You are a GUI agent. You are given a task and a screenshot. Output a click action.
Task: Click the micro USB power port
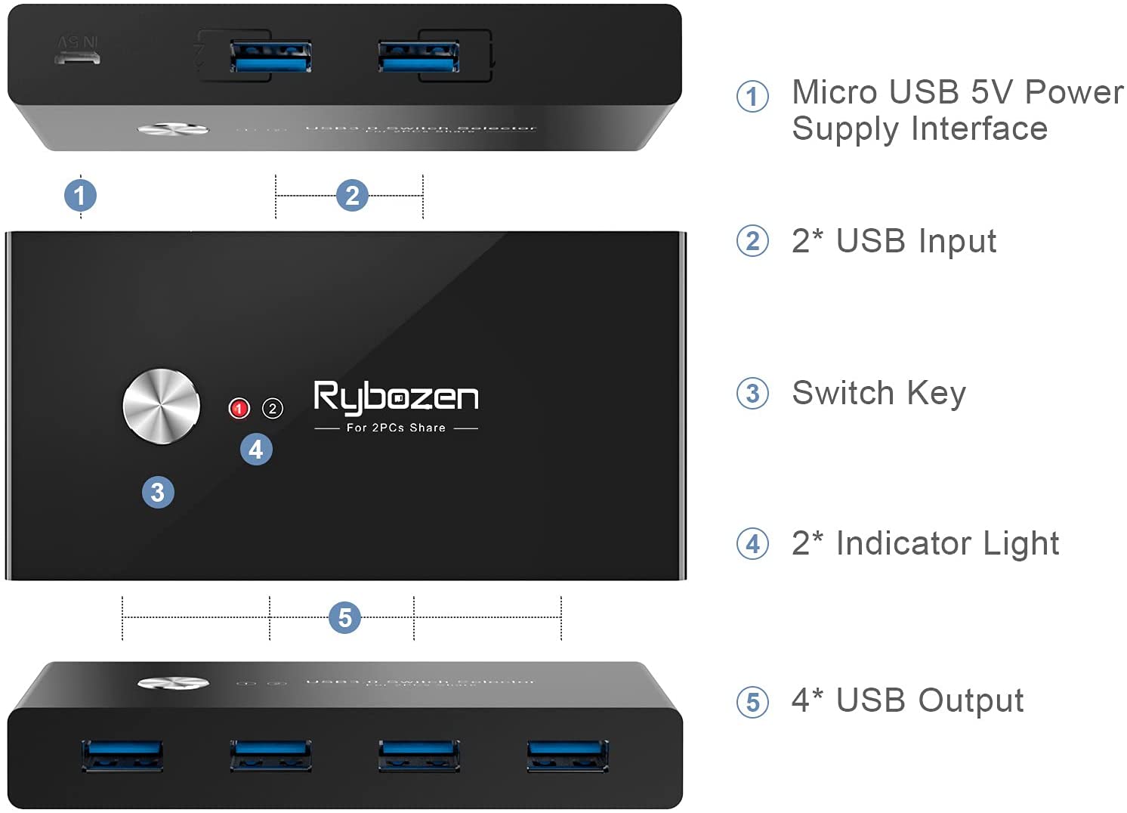tap(77, 57)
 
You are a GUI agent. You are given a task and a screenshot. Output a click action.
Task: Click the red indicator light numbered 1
tap(239, 409)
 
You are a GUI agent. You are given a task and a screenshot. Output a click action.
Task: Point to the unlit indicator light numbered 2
tap(272, 409)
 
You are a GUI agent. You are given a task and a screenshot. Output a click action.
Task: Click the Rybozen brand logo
tap(396, 397)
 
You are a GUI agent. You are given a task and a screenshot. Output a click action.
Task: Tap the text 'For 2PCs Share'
tap(396, 428)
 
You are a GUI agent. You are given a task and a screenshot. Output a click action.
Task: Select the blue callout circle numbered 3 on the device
tap(158, 493)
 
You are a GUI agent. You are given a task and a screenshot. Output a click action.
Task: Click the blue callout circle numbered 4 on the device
tap(256, 450)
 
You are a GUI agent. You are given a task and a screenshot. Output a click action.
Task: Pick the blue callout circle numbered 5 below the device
tap(344, 618)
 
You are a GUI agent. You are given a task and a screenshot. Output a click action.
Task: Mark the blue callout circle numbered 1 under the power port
tap(80, 196)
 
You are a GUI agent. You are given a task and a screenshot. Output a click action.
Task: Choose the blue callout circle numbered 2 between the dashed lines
tap(352, 196)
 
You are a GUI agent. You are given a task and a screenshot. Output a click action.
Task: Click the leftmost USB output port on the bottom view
tap(122, 756)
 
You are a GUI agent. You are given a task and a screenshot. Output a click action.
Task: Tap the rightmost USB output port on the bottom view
tap(567, 756)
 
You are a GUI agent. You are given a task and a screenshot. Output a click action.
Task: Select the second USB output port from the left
tap(270, 756)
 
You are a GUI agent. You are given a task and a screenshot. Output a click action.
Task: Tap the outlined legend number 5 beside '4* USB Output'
tap(752, 702)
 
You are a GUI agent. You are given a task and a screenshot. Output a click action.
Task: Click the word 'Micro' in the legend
tap(835, 92)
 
